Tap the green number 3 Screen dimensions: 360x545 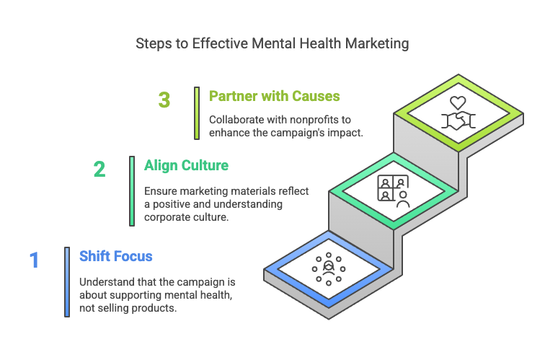click(x=164, y=100)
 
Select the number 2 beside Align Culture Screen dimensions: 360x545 click(x=99, y=169)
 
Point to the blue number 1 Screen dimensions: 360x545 click(x=34, y=260)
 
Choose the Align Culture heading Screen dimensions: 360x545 click(x=186, y=165)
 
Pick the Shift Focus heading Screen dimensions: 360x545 click(x=115, y=256)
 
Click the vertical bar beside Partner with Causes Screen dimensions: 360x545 click(x=196, y=113)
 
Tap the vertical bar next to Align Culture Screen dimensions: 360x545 click(x=132, y=190)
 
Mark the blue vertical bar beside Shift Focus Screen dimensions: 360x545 click(x=67, y=281)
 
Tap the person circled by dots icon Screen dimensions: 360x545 click(x=328, y=268)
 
